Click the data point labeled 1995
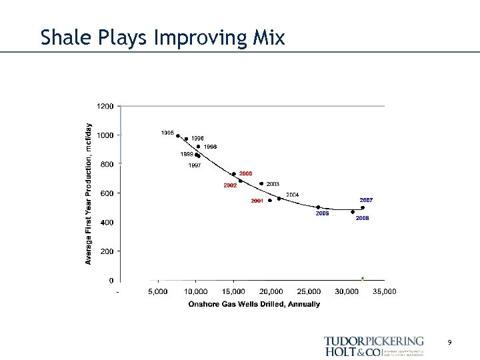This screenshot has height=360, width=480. pos(177,135)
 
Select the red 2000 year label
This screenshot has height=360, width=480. pos(246,173)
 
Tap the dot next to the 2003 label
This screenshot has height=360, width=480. pos(261,183)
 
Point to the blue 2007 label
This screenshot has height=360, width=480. pos(366,200)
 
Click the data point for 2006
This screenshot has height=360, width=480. pos(353,212)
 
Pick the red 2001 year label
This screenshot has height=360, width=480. pos(257,201)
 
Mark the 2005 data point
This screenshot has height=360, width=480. pos(318,207)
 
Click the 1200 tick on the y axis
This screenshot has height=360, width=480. pos(105,106)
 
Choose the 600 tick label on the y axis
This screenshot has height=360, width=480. pos(107,193)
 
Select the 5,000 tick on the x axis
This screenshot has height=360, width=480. pos(158,291)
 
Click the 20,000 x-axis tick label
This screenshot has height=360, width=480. pos(271,291)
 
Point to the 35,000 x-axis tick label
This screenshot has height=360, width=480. pos(385,291)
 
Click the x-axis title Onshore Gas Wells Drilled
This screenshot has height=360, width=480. pos(254,304)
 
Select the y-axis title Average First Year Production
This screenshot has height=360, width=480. pos(88,193)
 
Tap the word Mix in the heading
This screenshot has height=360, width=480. pos(269,37)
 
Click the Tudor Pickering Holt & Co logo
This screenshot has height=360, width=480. pos(373,346)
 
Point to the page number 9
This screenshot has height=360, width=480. pos(450,342)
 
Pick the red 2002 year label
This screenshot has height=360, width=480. pos(230,185)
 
